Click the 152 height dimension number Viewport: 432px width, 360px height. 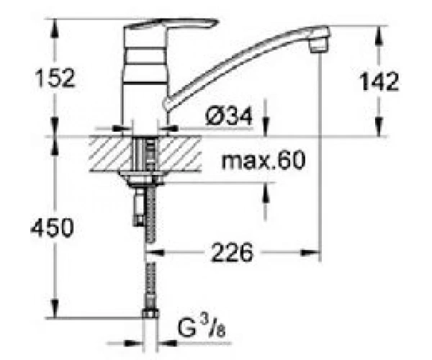(x=55, y=78)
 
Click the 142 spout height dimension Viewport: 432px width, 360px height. (x=379, y=81)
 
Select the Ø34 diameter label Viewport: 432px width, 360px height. (x=229, y=116)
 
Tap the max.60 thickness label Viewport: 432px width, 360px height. (x=263, y=160)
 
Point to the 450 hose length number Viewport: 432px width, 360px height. (x=53, y=228)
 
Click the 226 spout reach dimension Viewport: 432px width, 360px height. (x=232, y=252)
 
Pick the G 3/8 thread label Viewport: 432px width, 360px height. (x=202, y=327)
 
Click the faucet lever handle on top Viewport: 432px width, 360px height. (x=171, y=24)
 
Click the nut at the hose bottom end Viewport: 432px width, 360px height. (x=150, y=313)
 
